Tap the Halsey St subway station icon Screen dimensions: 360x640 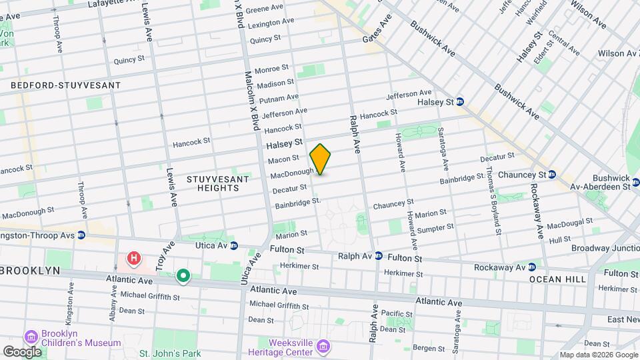click(x=461, y=102)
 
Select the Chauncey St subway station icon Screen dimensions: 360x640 click(x=552, y=175)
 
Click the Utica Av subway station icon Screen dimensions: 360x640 click(x=234, y=245)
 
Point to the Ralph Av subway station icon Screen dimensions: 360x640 click(x=378, y=255)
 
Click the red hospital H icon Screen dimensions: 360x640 click(x=135, y=257)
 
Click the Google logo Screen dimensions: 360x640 click(x=22, y=351)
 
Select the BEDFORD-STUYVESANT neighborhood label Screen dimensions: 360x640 click(x=65, y=85)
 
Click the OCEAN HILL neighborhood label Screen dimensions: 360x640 click(x=557, y=279)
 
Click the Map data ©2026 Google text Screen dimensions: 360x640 click(x=598, y=355)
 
